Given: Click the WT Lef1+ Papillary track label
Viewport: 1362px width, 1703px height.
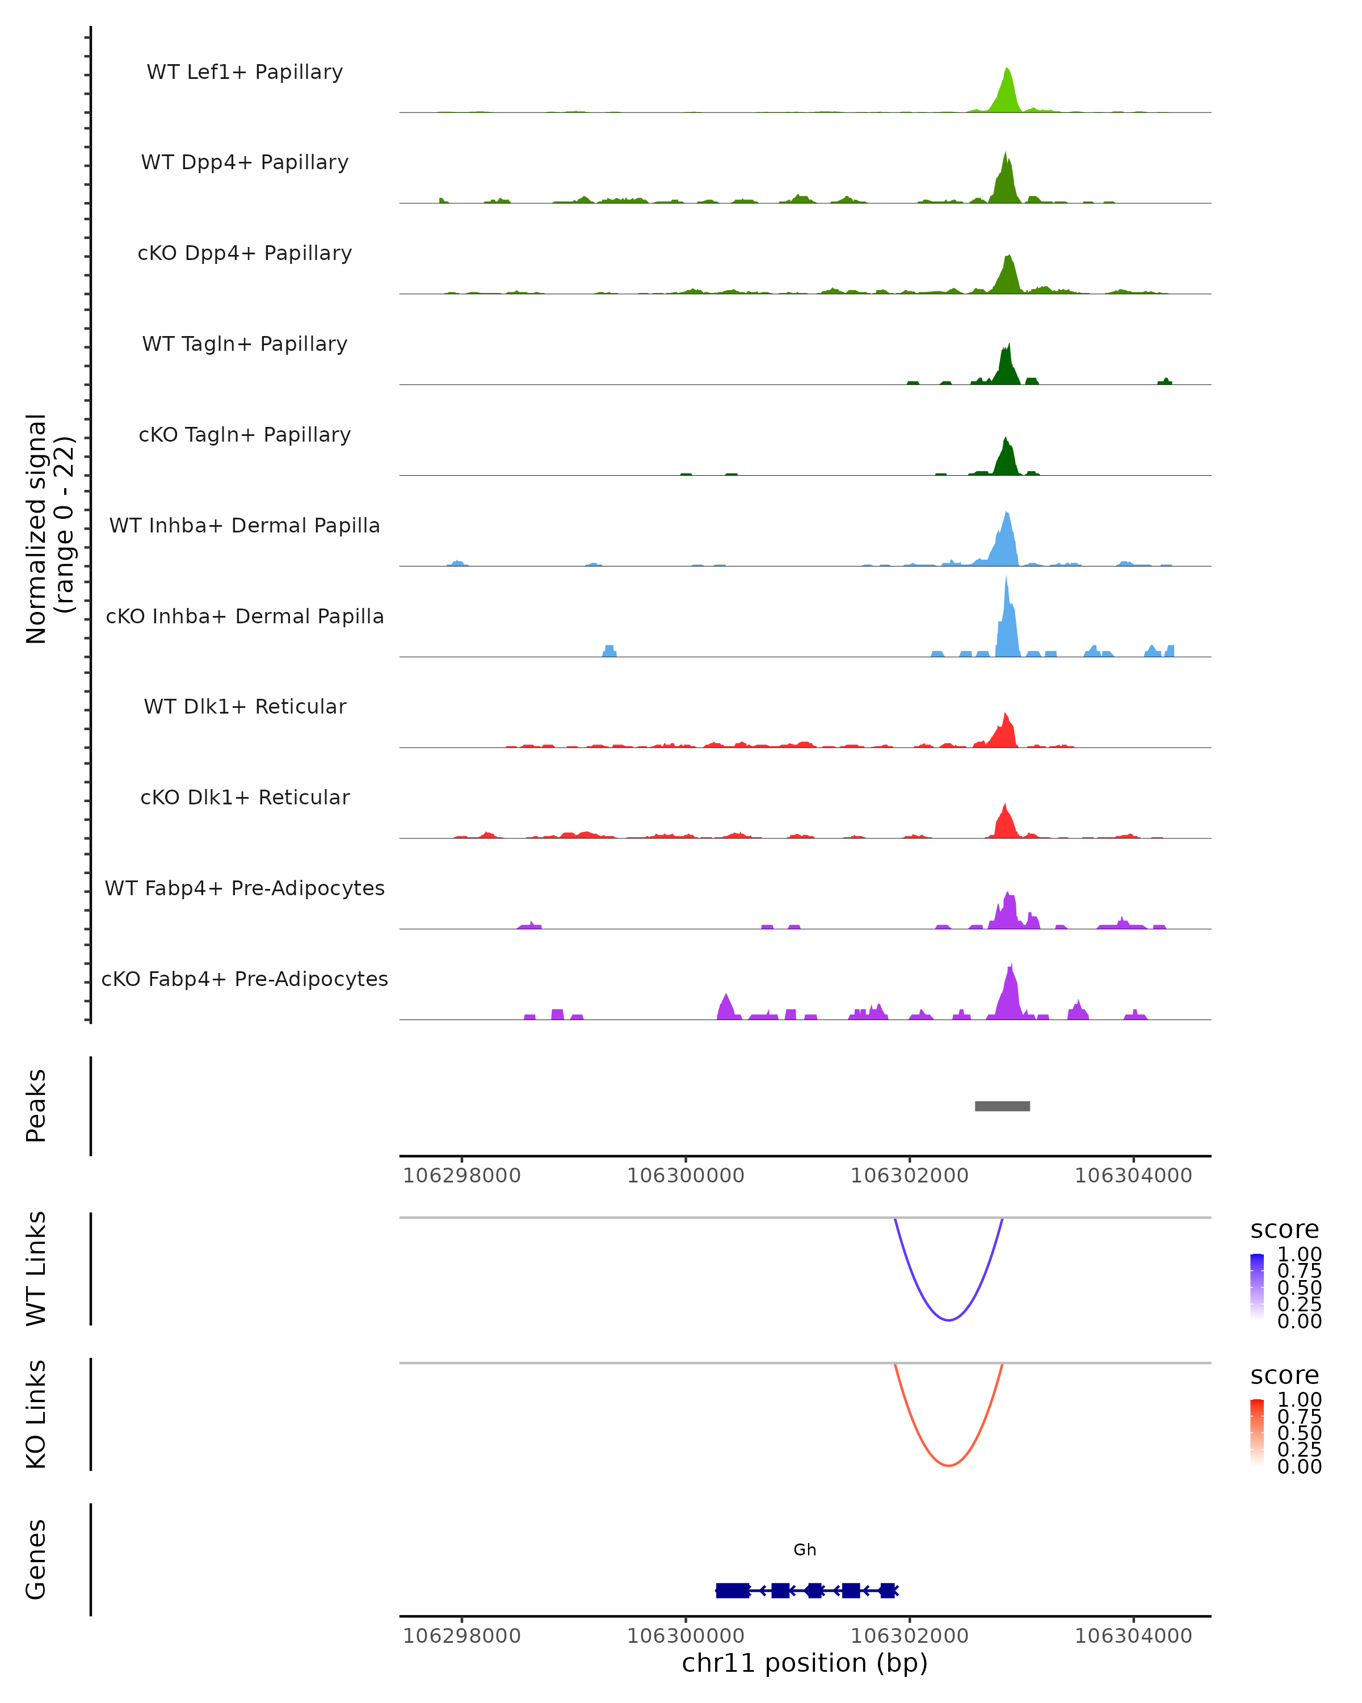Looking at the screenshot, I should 245,72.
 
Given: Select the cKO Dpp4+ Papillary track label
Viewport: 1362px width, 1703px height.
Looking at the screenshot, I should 245,254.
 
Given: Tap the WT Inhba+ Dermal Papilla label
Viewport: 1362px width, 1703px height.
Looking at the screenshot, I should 245,526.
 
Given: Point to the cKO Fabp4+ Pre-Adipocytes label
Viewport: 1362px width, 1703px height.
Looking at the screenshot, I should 245,979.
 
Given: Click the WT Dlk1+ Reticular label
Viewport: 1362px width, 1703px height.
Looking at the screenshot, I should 245,707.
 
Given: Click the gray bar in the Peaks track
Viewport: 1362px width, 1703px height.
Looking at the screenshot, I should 1002,1106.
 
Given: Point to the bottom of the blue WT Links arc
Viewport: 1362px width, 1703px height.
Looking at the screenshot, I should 948,1320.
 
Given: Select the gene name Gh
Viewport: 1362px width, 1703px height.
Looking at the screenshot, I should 805,1550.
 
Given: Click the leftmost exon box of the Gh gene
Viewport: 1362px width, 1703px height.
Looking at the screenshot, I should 732,1590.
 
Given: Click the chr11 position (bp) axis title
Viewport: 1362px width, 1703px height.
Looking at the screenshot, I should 805,1663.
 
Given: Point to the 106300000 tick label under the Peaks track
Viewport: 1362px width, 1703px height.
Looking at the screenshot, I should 686,1176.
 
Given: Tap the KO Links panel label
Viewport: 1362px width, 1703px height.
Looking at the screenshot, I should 36,1414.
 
